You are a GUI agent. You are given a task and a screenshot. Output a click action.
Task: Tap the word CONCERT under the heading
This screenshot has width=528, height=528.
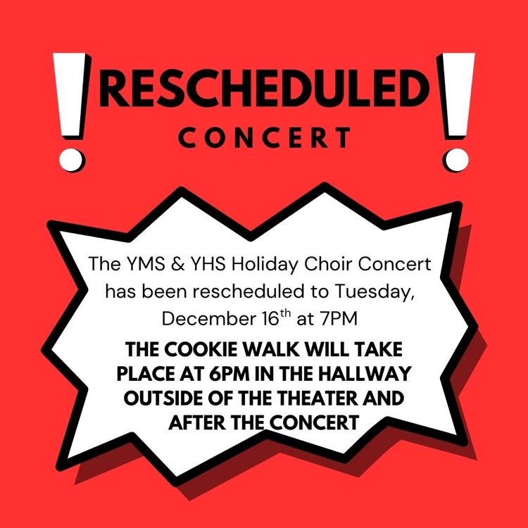click(264, 137)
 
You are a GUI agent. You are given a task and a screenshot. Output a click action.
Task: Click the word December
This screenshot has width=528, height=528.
click(196, 318)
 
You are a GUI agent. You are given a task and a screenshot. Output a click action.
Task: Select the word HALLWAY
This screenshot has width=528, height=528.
click(372, 373)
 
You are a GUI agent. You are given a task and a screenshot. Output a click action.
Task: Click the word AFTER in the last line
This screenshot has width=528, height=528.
click(197, 422)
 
